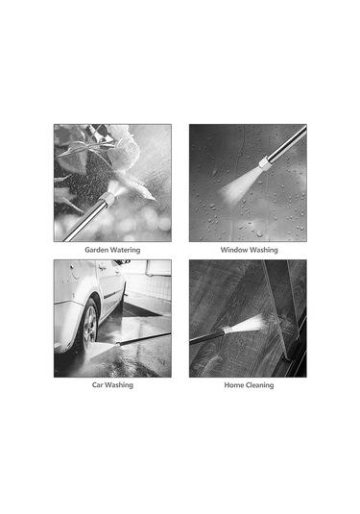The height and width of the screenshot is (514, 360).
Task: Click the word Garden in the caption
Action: tap(96, 250)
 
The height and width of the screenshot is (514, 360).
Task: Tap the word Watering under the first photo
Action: tap(125, 250)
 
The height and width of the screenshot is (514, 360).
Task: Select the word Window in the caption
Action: tap(234, 250)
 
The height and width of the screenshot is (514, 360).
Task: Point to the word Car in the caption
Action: tap(98, 385)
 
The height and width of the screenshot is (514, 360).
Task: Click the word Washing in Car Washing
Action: tap(119, 385)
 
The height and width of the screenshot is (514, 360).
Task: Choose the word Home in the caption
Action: tap(233, 385)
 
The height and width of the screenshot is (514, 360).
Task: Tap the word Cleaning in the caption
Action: tap(259, 385)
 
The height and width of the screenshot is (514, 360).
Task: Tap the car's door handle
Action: tap(103, 266)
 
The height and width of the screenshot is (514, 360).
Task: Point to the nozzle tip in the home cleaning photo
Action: tap(228, 330)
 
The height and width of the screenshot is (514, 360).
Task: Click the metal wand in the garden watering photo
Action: tap(85, 220)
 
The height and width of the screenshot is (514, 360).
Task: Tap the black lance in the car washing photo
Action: tap(143, 338)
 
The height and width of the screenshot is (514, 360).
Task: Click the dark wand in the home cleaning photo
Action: tap(206, 337)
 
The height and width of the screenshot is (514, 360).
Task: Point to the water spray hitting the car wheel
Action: tap(102, 350)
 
